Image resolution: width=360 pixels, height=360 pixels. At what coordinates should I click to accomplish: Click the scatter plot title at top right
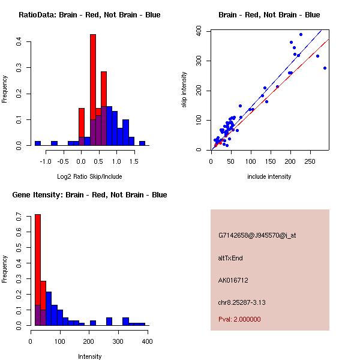(x=269, y=15)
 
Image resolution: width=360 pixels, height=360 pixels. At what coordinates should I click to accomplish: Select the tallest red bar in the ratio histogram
(x=93, y=90)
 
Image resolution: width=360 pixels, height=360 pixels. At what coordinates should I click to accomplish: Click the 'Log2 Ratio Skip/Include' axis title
(x=89, y=176)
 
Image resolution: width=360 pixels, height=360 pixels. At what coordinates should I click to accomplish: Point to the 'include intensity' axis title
(x=269, y=176)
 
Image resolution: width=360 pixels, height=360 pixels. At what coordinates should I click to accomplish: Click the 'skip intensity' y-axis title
(x=184, y=90)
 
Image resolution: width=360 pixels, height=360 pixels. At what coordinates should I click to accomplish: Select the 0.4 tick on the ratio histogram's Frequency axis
(x=19, y=41)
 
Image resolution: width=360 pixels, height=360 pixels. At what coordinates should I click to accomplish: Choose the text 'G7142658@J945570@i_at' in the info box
(x=257, y=235)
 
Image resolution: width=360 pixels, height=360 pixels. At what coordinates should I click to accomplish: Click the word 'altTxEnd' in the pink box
(x=230, y=258)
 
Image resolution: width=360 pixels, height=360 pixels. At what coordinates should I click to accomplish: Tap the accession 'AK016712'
(x=233, y=280)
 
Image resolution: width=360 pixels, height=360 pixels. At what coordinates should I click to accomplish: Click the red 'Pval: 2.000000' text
(x=239, y=319)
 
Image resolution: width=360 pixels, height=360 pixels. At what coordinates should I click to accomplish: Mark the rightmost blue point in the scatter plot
(x=325, y=68)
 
